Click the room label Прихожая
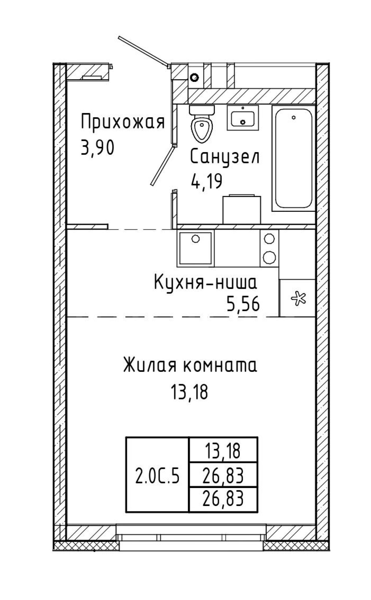click(123, 122)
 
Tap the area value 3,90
click(97, 148)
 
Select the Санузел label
click(225, 157)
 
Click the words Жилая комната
click(190, 365)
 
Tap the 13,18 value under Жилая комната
click(190, 392)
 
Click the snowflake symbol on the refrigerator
click(299, 298)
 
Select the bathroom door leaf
click(163, 166)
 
